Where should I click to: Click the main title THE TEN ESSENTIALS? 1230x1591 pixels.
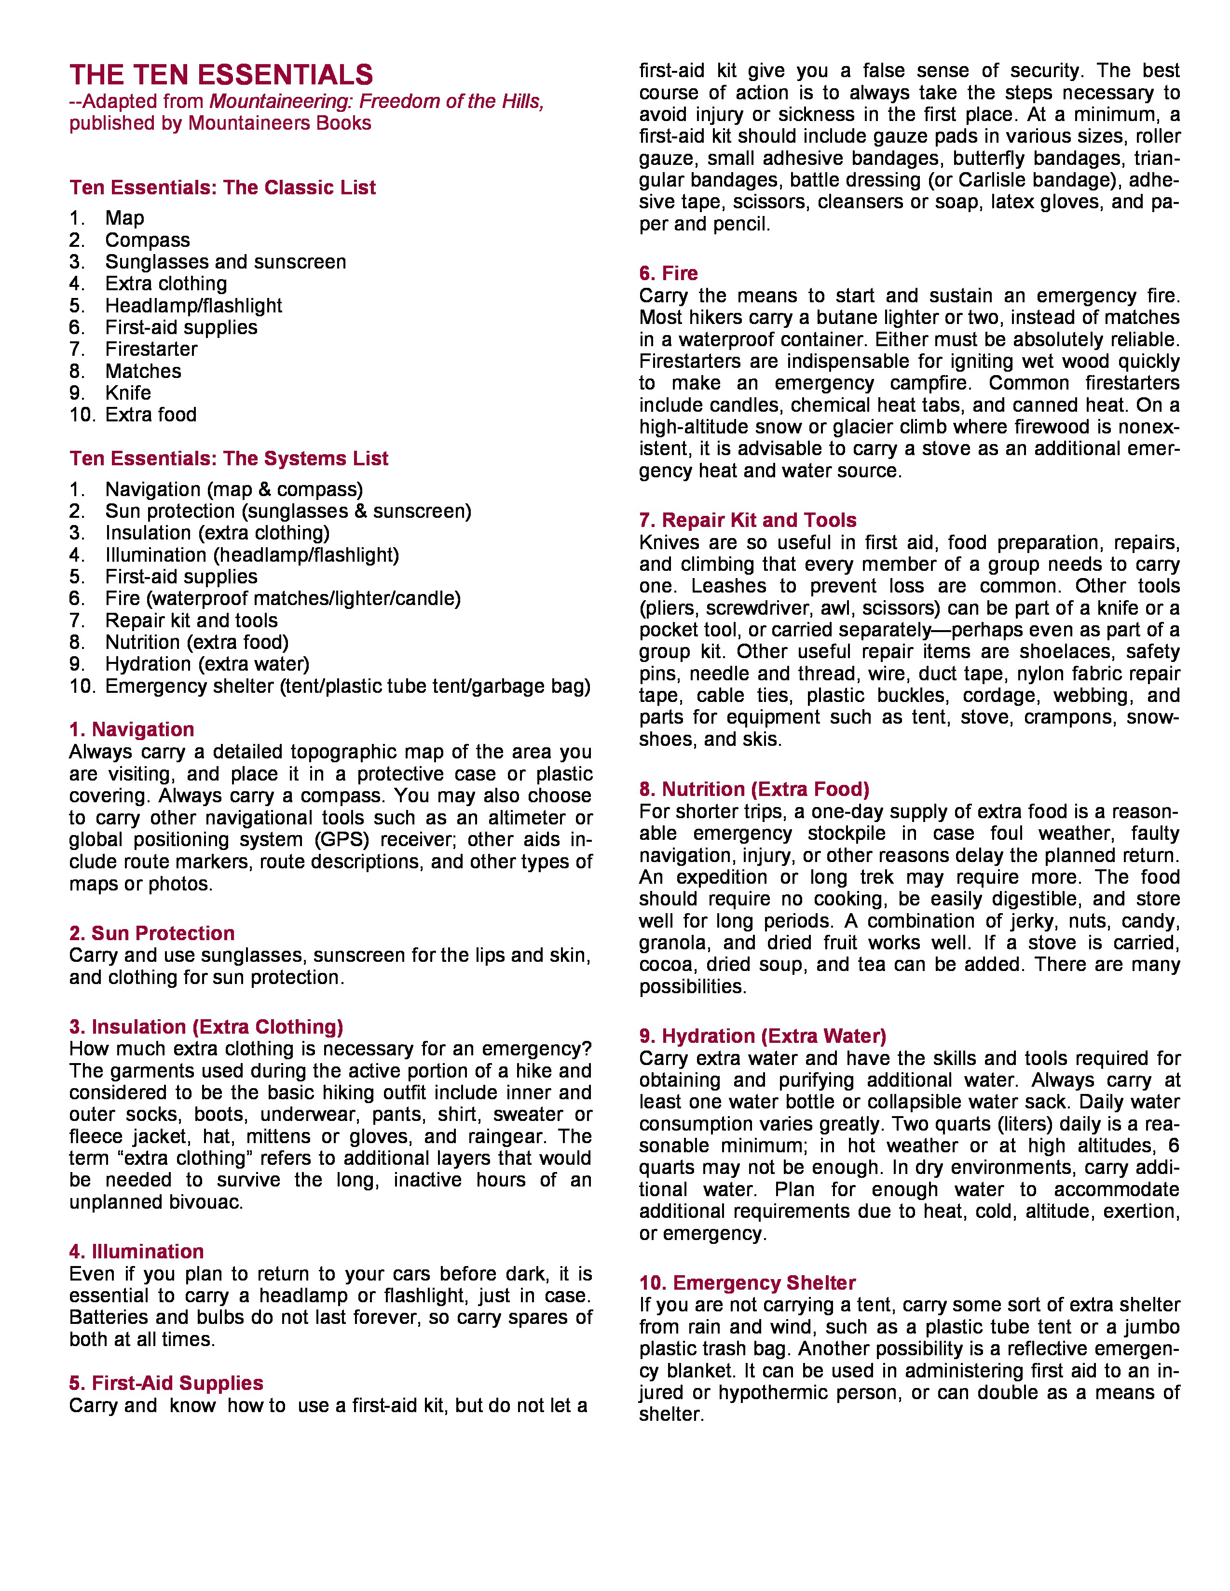221,75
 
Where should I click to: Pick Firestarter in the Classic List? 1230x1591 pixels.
151,349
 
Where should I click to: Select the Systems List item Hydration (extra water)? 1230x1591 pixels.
207,664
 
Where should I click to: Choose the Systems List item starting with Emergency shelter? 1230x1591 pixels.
348,686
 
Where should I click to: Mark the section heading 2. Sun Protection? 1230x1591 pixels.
151,933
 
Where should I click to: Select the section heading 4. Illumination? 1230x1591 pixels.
136,1252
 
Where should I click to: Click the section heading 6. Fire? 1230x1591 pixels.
668,273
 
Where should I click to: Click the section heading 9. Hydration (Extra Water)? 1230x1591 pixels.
762,1036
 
